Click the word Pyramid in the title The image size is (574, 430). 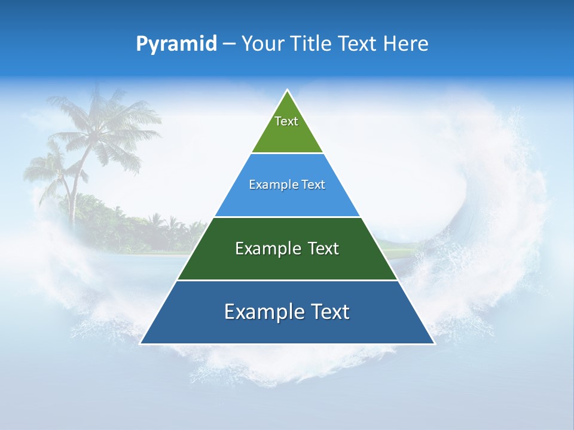176,44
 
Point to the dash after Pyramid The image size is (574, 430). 229,44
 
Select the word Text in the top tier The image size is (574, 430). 286,121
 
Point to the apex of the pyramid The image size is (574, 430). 287,90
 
